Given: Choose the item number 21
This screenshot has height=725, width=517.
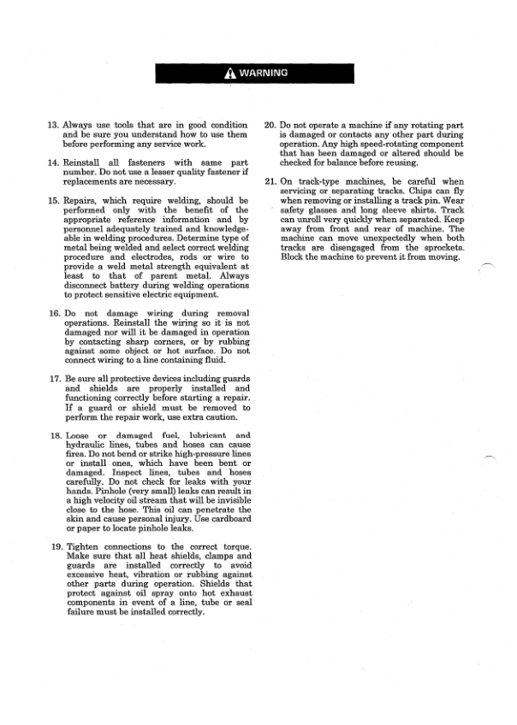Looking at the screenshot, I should coord(270,182).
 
